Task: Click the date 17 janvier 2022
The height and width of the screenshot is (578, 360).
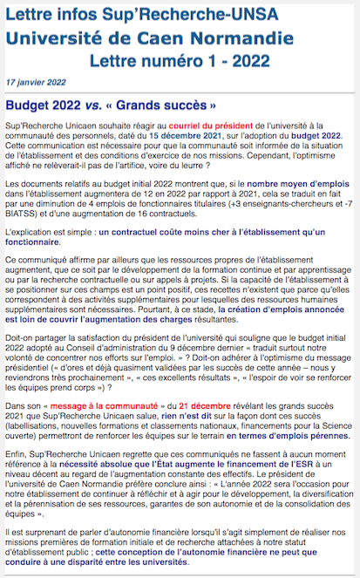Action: (x=34, y=79)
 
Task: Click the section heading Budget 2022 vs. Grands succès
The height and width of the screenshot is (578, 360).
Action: (x=111, y=104)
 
